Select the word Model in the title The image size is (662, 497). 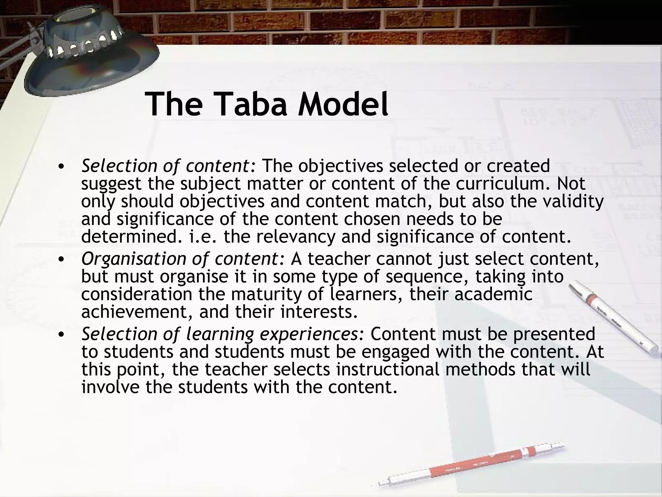point(343,104)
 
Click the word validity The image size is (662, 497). point(573,201)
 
